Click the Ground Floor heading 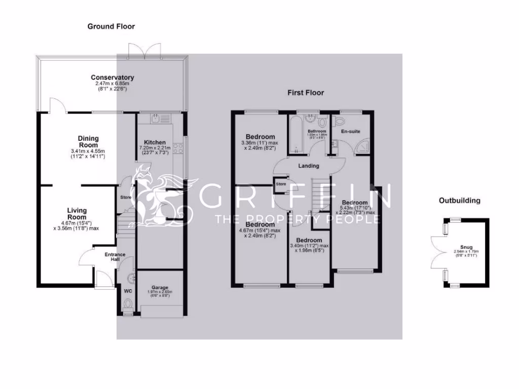112,26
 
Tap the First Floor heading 306,93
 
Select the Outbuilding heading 459,201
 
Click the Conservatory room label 113,77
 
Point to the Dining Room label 88,141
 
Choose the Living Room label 77,213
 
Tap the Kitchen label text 155,142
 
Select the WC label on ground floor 127,291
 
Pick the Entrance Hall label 112,257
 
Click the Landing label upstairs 308,166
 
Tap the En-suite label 350,131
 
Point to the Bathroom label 317,132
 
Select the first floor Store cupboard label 281,184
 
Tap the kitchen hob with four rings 178,148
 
